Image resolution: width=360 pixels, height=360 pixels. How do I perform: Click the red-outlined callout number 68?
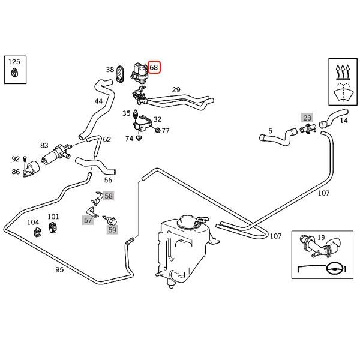pyautogui.click(x=154, y=68)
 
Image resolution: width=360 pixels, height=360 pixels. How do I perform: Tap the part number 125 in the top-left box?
pyautogui.click(x=14, y=62)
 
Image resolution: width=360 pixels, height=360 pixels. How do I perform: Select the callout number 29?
pyautogui.click(x=176, y=90)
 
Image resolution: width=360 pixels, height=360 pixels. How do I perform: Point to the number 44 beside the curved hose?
pyautogui.click(x=99, y=101)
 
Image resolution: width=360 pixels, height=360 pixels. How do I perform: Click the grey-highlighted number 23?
pyautogui.click(x=307, y=118)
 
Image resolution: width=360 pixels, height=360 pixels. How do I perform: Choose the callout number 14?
pyautogui.click(x=344, y=120)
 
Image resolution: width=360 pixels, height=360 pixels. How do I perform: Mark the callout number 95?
pyautogui.click(x=59, y=269)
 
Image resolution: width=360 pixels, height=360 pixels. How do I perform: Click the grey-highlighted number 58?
pyautogui.click(x=108, y=196)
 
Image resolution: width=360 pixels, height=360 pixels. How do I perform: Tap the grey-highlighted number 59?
pyautogui.click(x=112, y=229)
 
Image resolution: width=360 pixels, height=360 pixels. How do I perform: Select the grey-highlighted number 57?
pyautogui.click(x=88, y=221)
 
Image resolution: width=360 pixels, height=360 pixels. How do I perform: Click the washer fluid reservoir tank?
pyautogui.click(x=180, y=246)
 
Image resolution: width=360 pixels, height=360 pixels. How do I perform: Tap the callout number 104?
pyautogui.click(x=33, y=223)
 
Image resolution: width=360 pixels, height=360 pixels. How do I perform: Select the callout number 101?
pyautogui.click(x=53, y=217)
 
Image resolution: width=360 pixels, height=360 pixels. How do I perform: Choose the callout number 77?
pyautogui.click(x=166, y=130)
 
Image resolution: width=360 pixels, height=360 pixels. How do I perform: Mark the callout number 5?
pyautogui.click(x=270, y=130)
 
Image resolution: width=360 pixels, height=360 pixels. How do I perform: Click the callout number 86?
pyautogui.click(x=16, y=172)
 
